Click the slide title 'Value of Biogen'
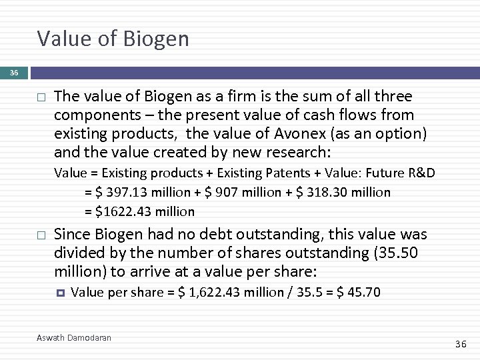(113, 39)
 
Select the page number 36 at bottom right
(461, 344)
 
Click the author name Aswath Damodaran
(74, 338)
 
